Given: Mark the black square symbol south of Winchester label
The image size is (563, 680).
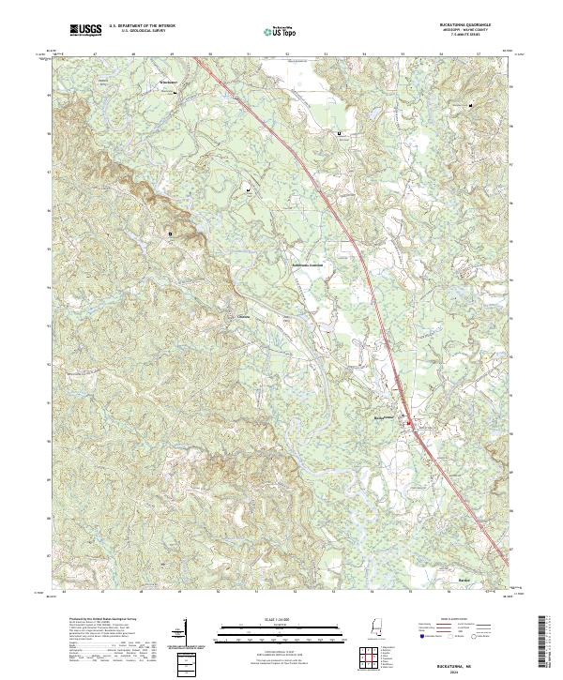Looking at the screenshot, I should point(171,233).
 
